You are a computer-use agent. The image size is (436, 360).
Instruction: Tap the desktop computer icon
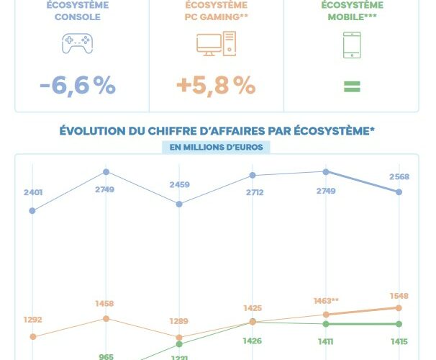(216, 45)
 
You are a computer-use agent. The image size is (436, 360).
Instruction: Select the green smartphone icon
(351, 45)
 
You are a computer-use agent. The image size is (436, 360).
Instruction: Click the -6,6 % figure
(78, 86)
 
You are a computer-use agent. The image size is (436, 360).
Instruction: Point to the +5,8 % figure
(216, 86)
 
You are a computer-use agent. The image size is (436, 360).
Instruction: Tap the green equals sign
(351, 86)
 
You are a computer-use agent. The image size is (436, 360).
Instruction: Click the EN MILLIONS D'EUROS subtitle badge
(217, 147)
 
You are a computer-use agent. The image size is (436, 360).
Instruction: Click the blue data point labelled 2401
(32, 211)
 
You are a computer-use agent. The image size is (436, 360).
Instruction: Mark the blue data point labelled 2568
(399, 192)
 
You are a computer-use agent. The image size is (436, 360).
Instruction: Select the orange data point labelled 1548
(399, 307)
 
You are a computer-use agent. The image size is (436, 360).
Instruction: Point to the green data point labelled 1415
(399, 324)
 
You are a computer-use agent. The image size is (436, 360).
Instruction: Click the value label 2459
(179, 185)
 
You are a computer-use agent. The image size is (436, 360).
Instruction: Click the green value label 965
(106, 356)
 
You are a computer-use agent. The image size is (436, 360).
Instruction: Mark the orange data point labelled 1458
(106, 318)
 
